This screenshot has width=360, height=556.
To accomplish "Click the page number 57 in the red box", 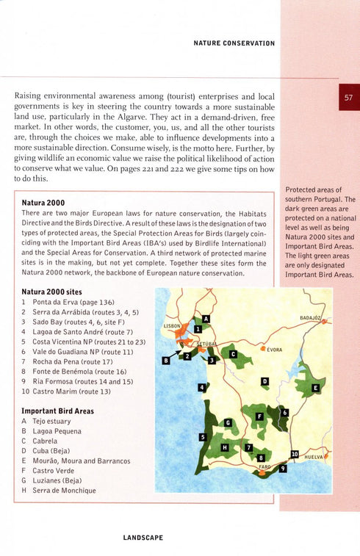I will pyautogui.click(x=349, y=97).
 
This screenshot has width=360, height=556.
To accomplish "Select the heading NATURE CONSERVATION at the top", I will pyautogui.click(x=234, y=43).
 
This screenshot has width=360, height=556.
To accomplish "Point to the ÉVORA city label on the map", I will pyautogui.click(x=276, y=350).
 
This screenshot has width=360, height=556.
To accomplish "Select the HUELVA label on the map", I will pyautogui.click(x=314, y=456).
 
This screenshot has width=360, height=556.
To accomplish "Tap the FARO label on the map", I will pyautogui.click(x=265, y=466).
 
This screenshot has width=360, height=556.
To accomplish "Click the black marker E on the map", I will pyautogui.click(x=316, y=387).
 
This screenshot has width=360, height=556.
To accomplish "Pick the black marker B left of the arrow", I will pyautogui.click(x=166, y=361).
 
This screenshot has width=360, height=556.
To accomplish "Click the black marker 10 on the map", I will pyautogui.click(x=295, y=455).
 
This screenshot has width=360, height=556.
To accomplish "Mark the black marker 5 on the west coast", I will pyautogui.click(x=202, y=437).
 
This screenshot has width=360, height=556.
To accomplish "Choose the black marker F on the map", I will pyautogui.click(x=259, y=416).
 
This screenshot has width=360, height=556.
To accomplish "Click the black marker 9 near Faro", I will pyautogui.click(x=283, y=469).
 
